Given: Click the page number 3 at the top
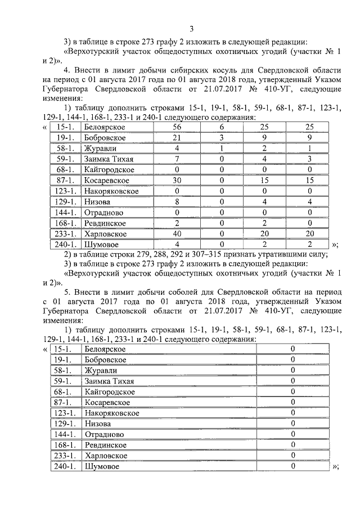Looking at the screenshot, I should click(191, 29).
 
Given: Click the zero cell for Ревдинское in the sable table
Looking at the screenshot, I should click(292, 445).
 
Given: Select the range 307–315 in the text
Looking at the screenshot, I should click(223, 255).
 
